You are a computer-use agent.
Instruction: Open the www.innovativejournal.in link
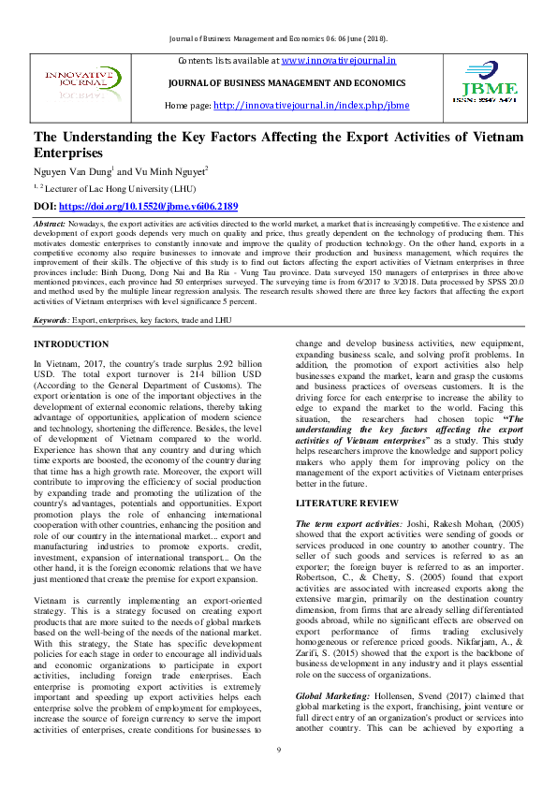click(338, 61)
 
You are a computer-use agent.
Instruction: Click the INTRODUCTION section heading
click(71, 345)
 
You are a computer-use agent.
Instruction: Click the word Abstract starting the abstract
click(49, 226)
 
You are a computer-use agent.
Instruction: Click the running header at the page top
click(278, 38)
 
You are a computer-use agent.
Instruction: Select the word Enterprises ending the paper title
click(67, 153)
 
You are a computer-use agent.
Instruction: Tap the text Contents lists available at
click(227, 61)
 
